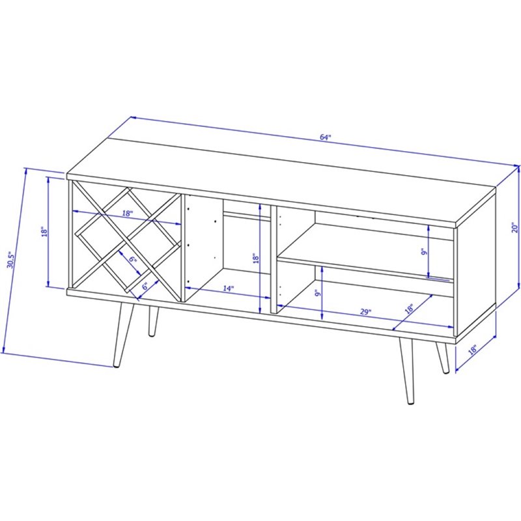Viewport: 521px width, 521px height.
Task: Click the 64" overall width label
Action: (x=326, y=137)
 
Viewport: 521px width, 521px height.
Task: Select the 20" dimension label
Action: (x=514, y=227)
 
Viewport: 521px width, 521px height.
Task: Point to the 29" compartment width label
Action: (x=365, y=312)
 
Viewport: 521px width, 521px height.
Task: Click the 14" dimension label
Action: (x=228, y=289)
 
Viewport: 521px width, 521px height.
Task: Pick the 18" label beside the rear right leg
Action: (x=473, y=350)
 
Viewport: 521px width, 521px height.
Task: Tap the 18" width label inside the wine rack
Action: (x=127, y=214)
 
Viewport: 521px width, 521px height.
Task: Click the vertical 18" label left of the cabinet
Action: (x=44, y=232)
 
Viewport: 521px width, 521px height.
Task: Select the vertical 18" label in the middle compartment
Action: (x=255, y=259)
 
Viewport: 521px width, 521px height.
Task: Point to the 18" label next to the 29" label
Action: (x=410, y=309)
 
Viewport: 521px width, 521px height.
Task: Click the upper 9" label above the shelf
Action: (x=423, y=252)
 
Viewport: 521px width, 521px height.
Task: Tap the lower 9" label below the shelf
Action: (x=318, y=293)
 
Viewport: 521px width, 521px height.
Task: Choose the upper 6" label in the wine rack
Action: (x=133, y=259)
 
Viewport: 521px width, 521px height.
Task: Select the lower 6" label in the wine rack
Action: (x=145, y=286)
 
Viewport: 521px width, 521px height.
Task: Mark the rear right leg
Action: (x=443, y=358)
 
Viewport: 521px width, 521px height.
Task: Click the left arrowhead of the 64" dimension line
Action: (x=133, y=118)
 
